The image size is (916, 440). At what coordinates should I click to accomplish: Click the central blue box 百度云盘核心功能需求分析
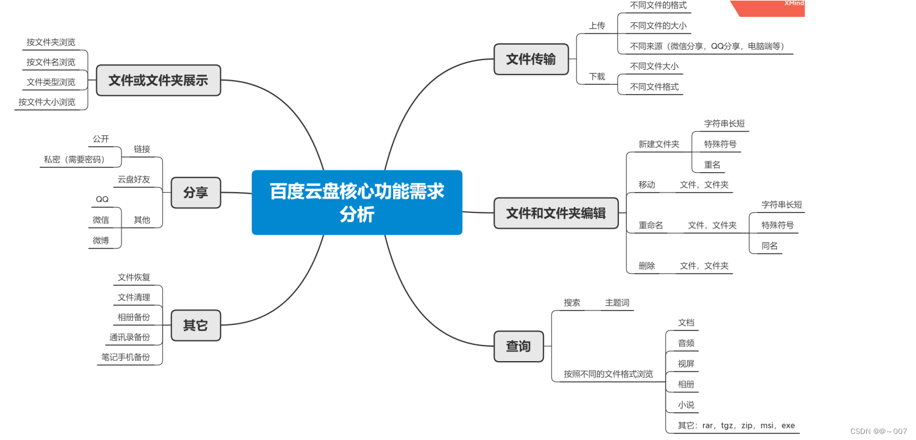[x=356, y=202]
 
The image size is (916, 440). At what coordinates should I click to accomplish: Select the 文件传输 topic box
[x=531, y=59]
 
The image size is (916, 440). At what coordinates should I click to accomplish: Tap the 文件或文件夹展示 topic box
[x=158, y=80]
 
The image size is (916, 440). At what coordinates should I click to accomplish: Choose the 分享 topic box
[x=195, y=193]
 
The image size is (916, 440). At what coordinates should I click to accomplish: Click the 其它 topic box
[x=195, y=326]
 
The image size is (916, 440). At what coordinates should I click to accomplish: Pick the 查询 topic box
[x=518, y=346]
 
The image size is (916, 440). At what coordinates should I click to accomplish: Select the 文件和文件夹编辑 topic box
[x=555, y=213]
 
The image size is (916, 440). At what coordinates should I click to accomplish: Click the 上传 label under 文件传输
[x=597, y=26]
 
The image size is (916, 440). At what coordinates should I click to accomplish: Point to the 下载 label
[x=597, y=76]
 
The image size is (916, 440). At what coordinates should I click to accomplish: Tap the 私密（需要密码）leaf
[x=74, y=160]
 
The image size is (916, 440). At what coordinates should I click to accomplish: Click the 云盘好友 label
[x=133, y=179]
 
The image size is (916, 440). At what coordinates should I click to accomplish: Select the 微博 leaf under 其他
[x=101, y=240]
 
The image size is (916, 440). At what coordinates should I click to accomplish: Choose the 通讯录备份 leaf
[x=129, y=337]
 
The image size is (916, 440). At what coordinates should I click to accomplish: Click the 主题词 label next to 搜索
[x=617, y=303]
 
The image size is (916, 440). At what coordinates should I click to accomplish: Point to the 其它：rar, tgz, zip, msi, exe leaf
[x=736, y=426]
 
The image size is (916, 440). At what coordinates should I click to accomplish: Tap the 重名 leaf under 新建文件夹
[x=712, y=164]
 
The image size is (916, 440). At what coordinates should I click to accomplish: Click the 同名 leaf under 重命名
[x=769, y=246]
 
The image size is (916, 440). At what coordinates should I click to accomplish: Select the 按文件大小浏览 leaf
[x=47, y=102]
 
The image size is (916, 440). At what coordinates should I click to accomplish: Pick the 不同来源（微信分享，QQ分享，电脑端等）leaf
[x=706, y=46]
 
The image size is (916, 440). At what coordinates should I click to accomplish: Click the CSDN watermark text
[x=878, y=431]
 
